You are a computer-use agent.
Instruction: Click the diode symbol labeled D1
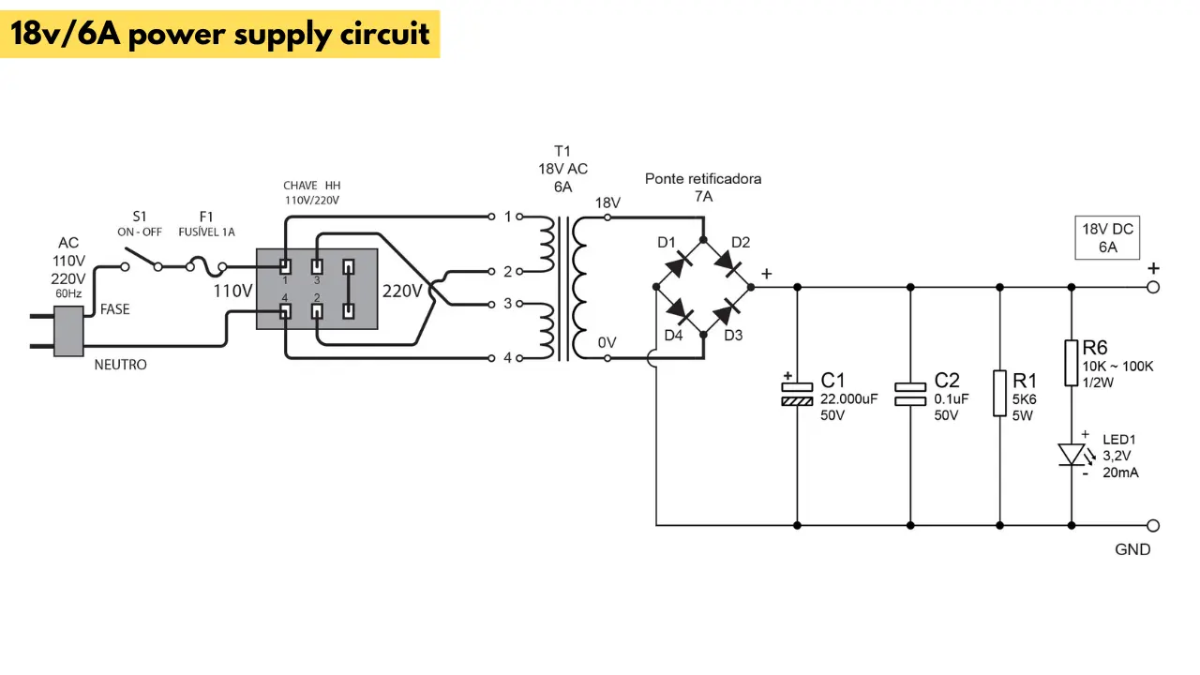coord(679,263)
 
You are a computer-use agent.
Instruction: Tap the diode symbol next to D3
coord(727,312)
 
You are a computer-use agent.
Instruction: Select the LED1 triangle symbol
coord(1072,455)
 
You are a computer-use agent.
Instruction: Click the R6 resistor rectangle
coord(1071,363)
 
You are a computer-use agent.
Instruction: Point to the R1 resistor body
coord(999,393)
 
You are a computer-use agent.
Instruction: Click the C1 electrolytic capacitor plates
coord(797,395)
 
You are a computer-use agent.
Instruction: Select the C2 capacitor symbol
coord(910,395)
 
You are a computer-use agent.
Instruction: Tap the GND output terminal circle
coord(1153,526)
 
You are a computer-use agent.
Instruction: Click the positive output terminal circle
coord(1153,287)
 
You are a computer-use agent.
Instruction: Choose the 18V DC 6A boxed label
coord(1107,238)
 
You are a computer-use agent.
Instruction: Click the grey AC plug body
coord(68,331)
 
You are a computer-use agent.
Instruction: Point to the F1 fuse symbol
coord(206,266)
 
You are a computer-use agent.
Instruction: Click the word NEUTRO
coord(121,365)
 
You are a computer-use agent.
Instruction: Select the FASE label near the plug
coord(114,309)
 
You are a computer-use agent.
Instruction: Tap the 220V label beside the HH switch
coord(402,292)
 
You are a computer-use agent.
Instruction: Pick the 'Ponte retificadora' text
coord(703,178)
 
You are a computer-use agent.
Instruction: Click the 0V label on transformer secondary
coord(607,343)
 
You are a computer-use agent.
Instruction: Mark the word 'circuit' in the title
coord(384,34)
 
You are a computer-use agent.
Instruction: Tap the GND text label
coord(1132,549)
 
